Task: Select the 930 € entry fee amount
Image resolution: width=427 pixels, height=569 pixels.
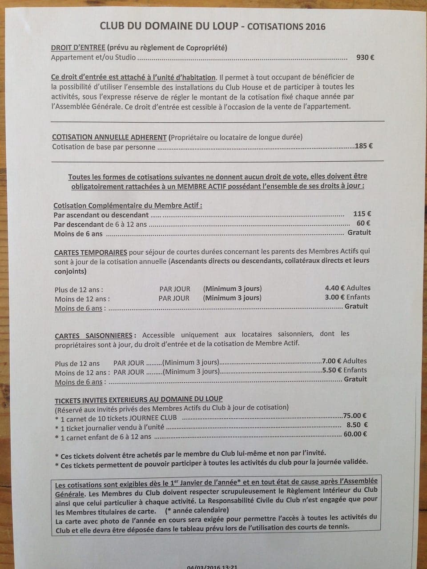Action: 365,57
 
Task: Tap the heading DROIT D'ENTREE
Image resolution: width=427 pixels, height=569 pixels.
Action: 78,48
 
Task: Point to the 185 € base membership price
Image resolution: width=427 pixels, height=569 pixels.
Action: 364,146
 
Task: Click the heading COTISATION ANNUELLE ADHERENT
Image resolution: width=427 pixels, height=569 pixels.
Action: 109,137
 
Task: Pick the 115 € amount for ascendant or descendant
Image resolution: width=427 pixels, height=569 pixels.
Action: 362,214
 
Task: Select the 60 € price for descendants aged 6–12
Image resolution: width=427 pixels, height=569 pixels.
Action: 363,223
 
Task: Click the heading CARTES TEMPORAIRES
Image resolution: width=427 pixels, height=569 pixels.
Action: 91,252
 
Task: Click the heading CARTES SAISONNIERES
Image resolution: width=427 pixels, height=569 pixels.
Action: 94,336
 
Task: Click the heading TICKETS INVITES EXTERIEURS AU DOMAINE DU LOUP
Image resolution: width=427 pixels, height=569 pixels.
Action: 138,399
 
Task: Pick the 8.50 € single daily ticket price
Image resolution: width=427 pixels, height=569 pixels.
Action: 357,425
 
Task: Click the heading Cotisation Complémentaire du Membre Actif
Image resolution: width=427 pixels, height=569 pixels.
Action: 128,205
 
